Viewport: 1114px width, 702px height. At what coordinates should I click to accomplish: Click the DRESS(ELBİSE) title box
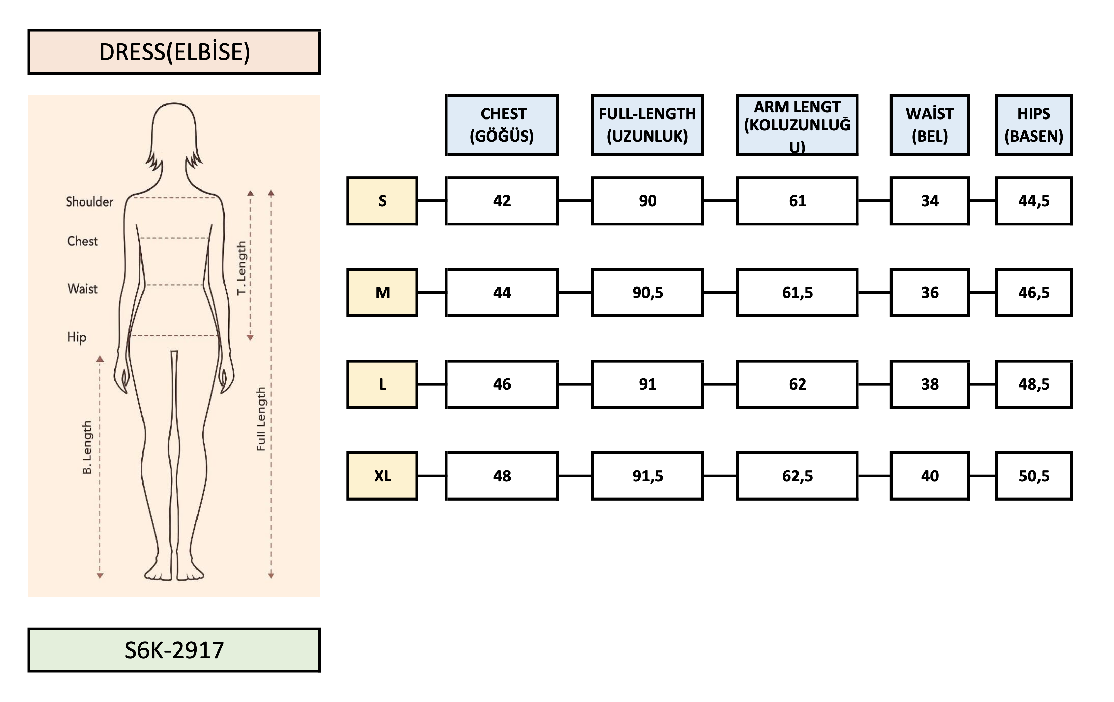click(x=174, y=52)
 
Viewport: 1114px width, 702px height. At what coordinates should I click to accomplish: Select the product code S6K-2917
click(x=174, y=649)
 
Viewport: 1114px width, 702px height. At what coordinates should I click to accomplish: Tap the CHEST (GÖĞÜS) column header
click(x=502, y=125)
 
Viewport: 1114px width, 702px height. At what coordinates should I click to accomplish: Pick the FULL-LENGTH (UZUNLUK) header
click(x=647, y=125)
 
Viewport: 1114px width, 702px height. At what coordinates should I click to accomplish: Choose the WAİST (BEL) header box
click(x=929, y=125)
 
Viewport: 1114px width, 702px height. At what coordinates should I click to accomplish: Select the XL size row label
click(x=382, y=476)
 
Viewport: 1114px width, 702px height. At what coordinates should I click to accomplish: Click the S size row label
click(x=382, y=200)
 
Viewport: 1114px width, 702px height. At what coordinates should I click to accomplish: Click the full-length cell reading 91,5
click(x=647, y=476)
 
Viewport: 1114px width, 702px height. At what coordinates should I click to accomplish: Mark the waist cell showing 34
click(x=929, y=200)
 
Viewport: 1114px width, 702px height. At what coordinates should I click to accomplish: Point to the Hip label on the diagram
click(x=77, y=337)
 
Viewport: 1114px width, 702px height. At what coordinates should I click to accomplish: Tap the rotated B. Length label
click(x=87, y=447)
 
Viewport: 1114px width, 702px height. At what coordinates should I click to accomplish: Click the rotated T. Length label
click(x=242, y=268)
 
